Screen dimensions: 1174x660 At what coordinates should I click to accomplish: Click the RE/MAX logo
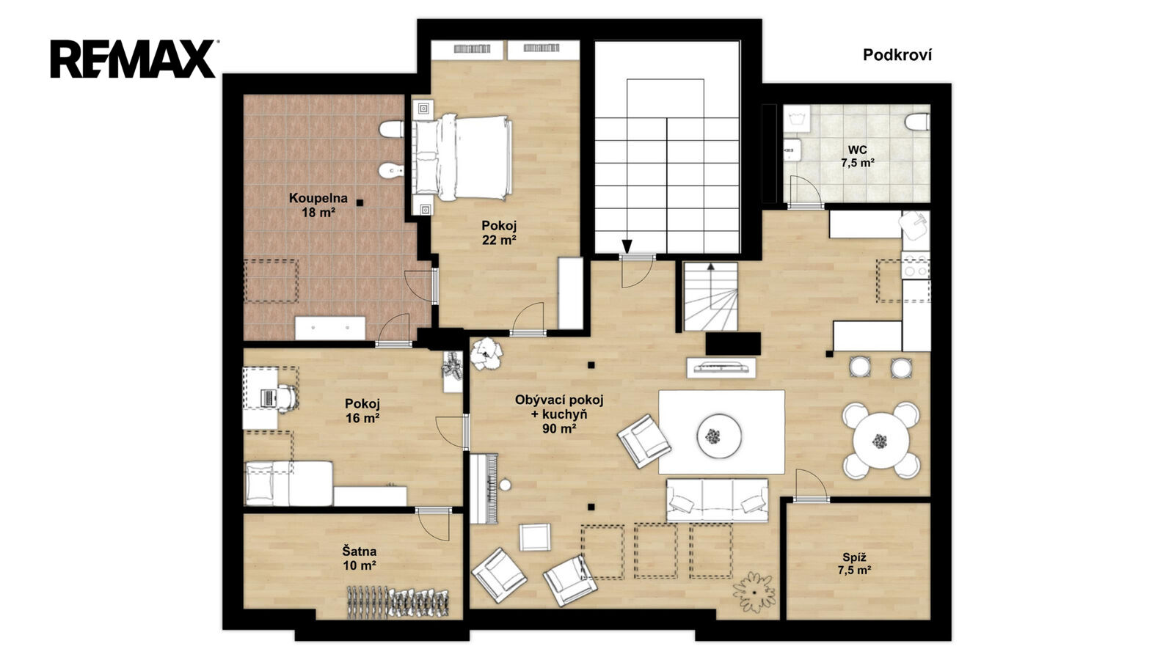(x=133, y=59)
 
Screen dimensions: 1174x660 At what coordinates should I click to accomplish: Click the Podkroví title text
(x=897, y=55)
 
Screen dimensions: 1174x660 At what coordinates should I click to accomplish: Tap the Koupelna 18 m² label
(x=318, y=205)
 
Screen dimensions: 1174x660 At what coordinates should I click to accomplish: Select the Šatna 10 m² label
(x=360, y=558)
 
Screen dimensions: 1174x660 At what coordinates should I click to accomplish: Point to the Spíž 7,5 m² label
(x=854, y=564)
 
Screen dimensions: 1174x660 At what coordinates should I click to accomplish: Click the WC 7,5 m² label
(x=858, y=156)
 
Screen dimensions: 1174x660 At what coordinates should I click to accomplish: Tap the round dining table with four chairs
(x=881, y=441)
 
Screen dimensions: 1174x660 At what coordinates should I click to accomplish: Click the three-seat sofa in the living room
(x=717, y=499)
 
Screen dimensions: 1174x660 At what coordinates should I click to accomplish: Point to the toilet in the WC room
(x=917, y=122)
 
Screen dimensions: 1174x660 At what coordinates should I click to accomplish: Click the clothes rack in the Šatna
(x=398, y=601)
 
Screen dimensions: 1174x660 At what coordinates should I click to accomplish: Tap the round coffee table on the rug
(x=719, y=436)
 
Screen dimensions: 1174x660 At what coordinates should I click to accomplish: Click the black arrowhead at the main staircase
(x=627, y=246)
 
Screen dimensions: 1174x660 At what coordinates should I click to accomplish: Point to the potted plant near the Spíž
(x=754, y=592)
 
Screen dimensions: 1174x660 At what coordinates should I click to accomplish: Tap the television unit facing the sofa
(x=721, y=367)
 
